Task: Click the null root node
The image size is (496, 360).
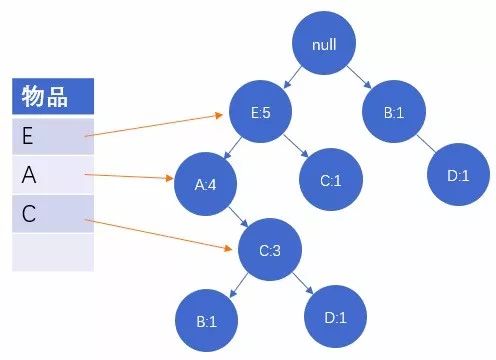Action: tap(324, 46)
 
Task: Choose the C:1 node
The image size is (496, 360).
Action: tap(333, 180)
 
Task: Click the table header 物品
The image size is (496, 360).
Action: tap(53, 96)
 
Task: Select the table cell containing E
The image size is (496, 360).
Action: tap(53, 132)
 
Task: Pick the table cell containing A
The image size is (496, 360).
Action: tap(53, 175)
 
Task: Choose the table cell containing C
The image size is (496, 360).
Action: tap(53, 213)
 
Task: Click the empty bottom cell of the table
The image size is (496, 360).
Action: tap(53, 251)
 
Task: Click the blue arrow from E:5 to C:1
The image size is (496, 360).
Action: tap(298, 147)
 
